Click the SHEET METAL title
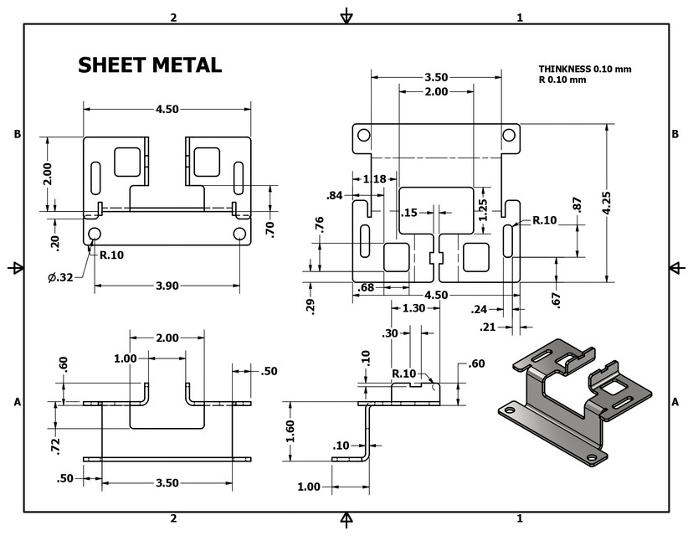tap(150, 65)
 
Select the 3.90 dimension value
tap(167, 286)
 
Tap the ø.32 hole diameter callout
tap(59, 276)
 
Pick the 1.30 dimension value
tap(414, 308)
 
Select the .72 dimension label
tap(55, 446)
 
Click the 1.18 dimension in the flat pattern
tap(374, 178)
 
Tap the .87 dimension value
tap(577, 204)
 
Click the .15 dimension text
tap(409, 213)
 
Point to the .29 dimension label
tap(311, 306)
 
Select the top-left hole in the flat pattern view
tap(364, 135)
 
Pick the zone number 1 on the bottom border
tap(520, 519)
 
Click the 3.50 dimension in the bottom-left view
tap(167, 483)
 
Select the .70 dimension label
tap(269, 228)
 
